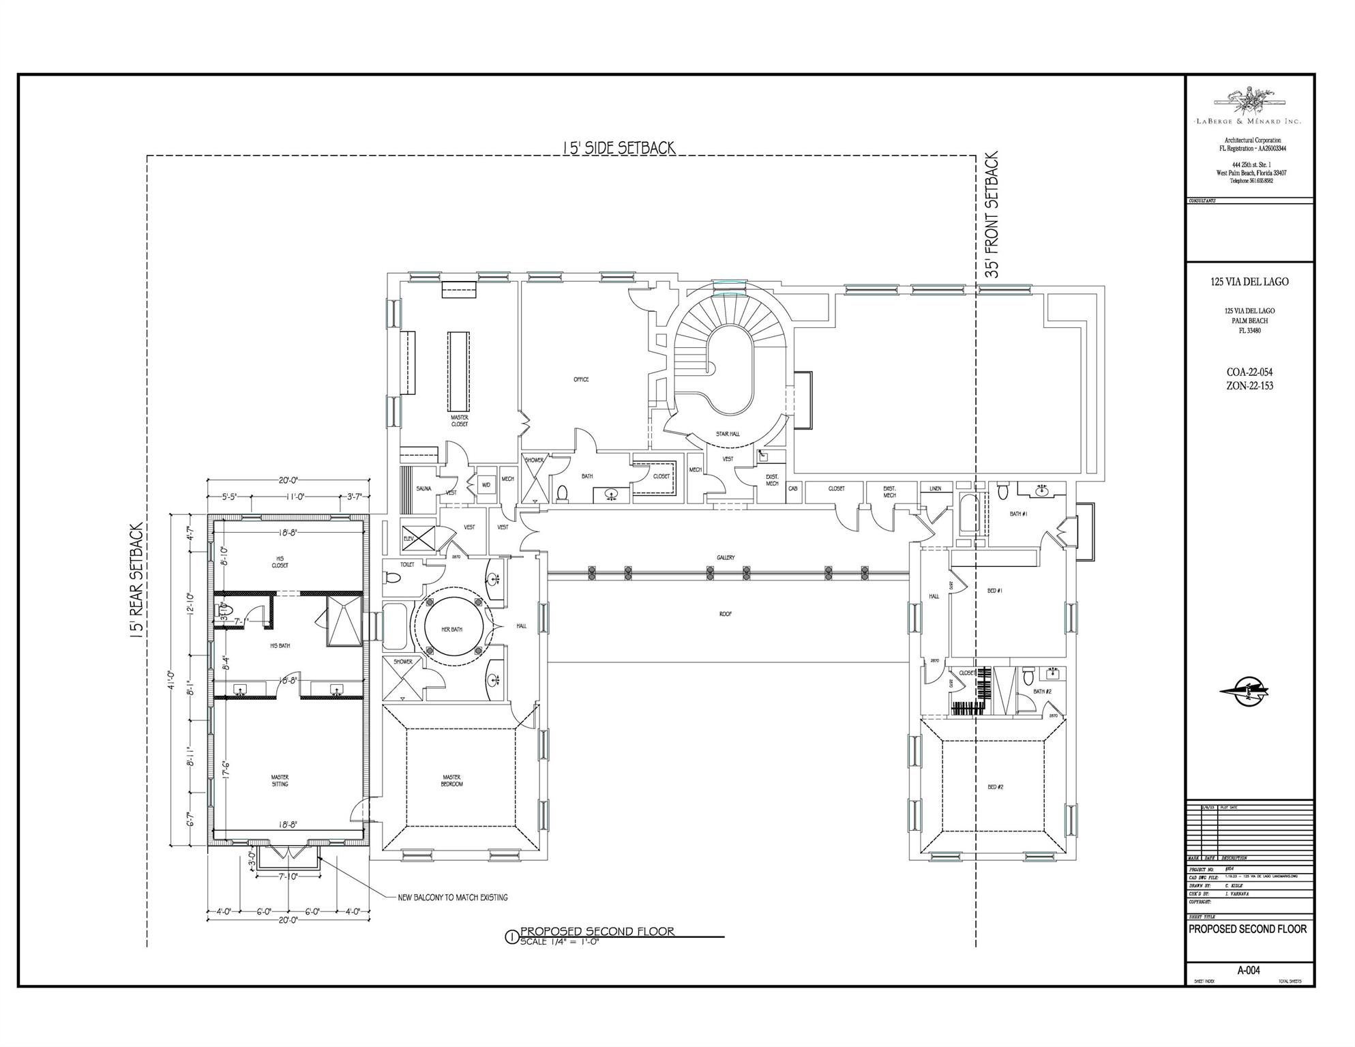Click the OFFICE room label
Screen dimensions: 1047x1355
click(x=580, y=380)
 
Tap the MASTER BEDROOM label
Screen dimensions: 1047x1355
click(x=451, y=780)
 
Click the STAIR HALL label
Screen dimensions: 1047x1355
click(x=728, y=434)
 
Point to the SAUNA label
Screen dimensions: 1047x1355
click(x=423, y=489)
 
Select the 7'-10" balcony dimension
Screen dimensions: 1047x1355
click(x=288, y=876)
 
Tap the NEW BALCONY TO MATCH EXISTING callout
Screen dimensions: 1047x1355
click(x=453, y=898)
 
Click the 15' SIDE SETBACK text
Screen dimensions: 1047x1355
click(x=618, y=147)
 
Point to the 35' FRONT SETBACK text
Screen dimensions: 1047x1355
click(x=992, y=214)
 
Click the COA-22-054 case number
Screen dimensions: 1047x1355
click(x=1249, y=372)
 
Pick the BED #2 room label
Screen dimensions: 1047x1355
click(x=995, y=787)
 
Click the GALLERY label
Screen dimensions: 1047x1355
click(x=726, y=558)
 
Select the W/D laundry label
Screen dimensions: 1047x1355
click(x=486, y=485)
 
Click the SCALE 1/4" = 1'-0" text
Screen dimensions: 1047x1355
click(x=560, y=942)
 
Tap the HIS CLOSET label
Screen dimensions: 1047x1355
click(x=280, y=562)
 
